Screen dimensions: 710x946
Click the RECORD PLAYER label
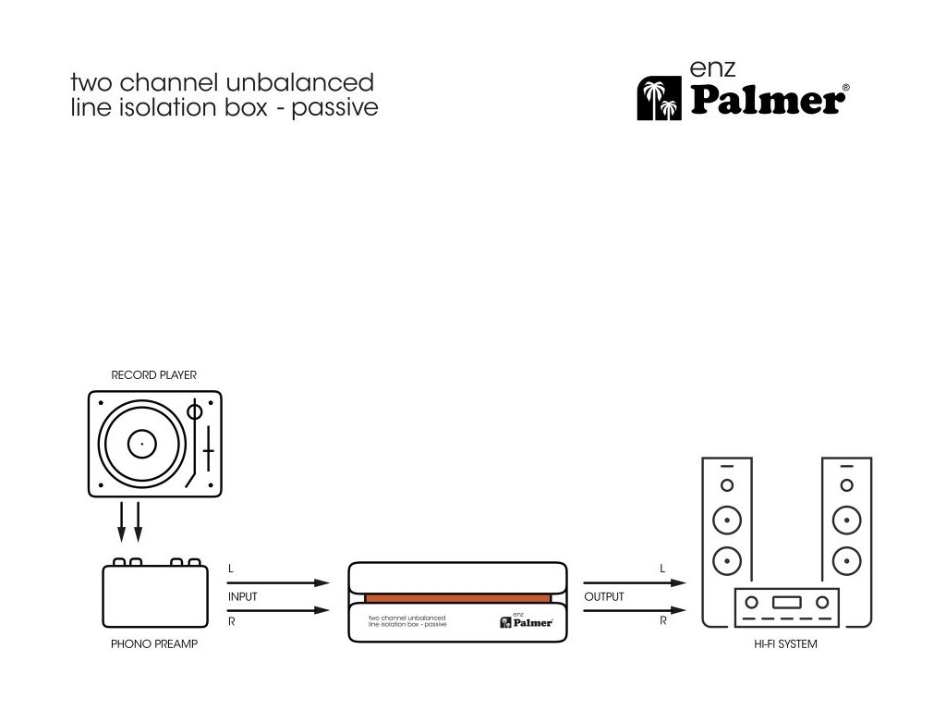(153, 375)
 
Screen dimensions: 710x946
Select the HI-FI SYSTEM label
(784, 643)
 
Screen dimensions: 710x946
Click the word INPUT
(243, 597)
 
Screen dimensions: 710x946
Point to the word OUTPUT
(604, 597)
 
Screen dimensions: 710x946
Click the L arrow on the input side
(278, 582)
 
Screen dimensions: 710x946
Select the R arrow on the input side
(278, 610)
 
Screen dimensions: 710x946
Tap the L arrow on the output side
(634, 582)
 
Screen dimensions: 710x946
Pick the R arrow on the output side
(634, 610)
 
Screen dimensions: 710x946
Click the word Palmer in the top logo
(766, 99)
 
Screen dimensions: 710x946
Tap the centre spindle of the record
(141, 445)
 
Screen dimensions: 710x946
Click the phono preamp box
(154, 596)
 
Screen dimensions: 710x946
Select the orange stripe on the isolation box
(457, 599)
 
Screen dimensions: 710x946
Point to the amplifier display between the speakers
(786, 602)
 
